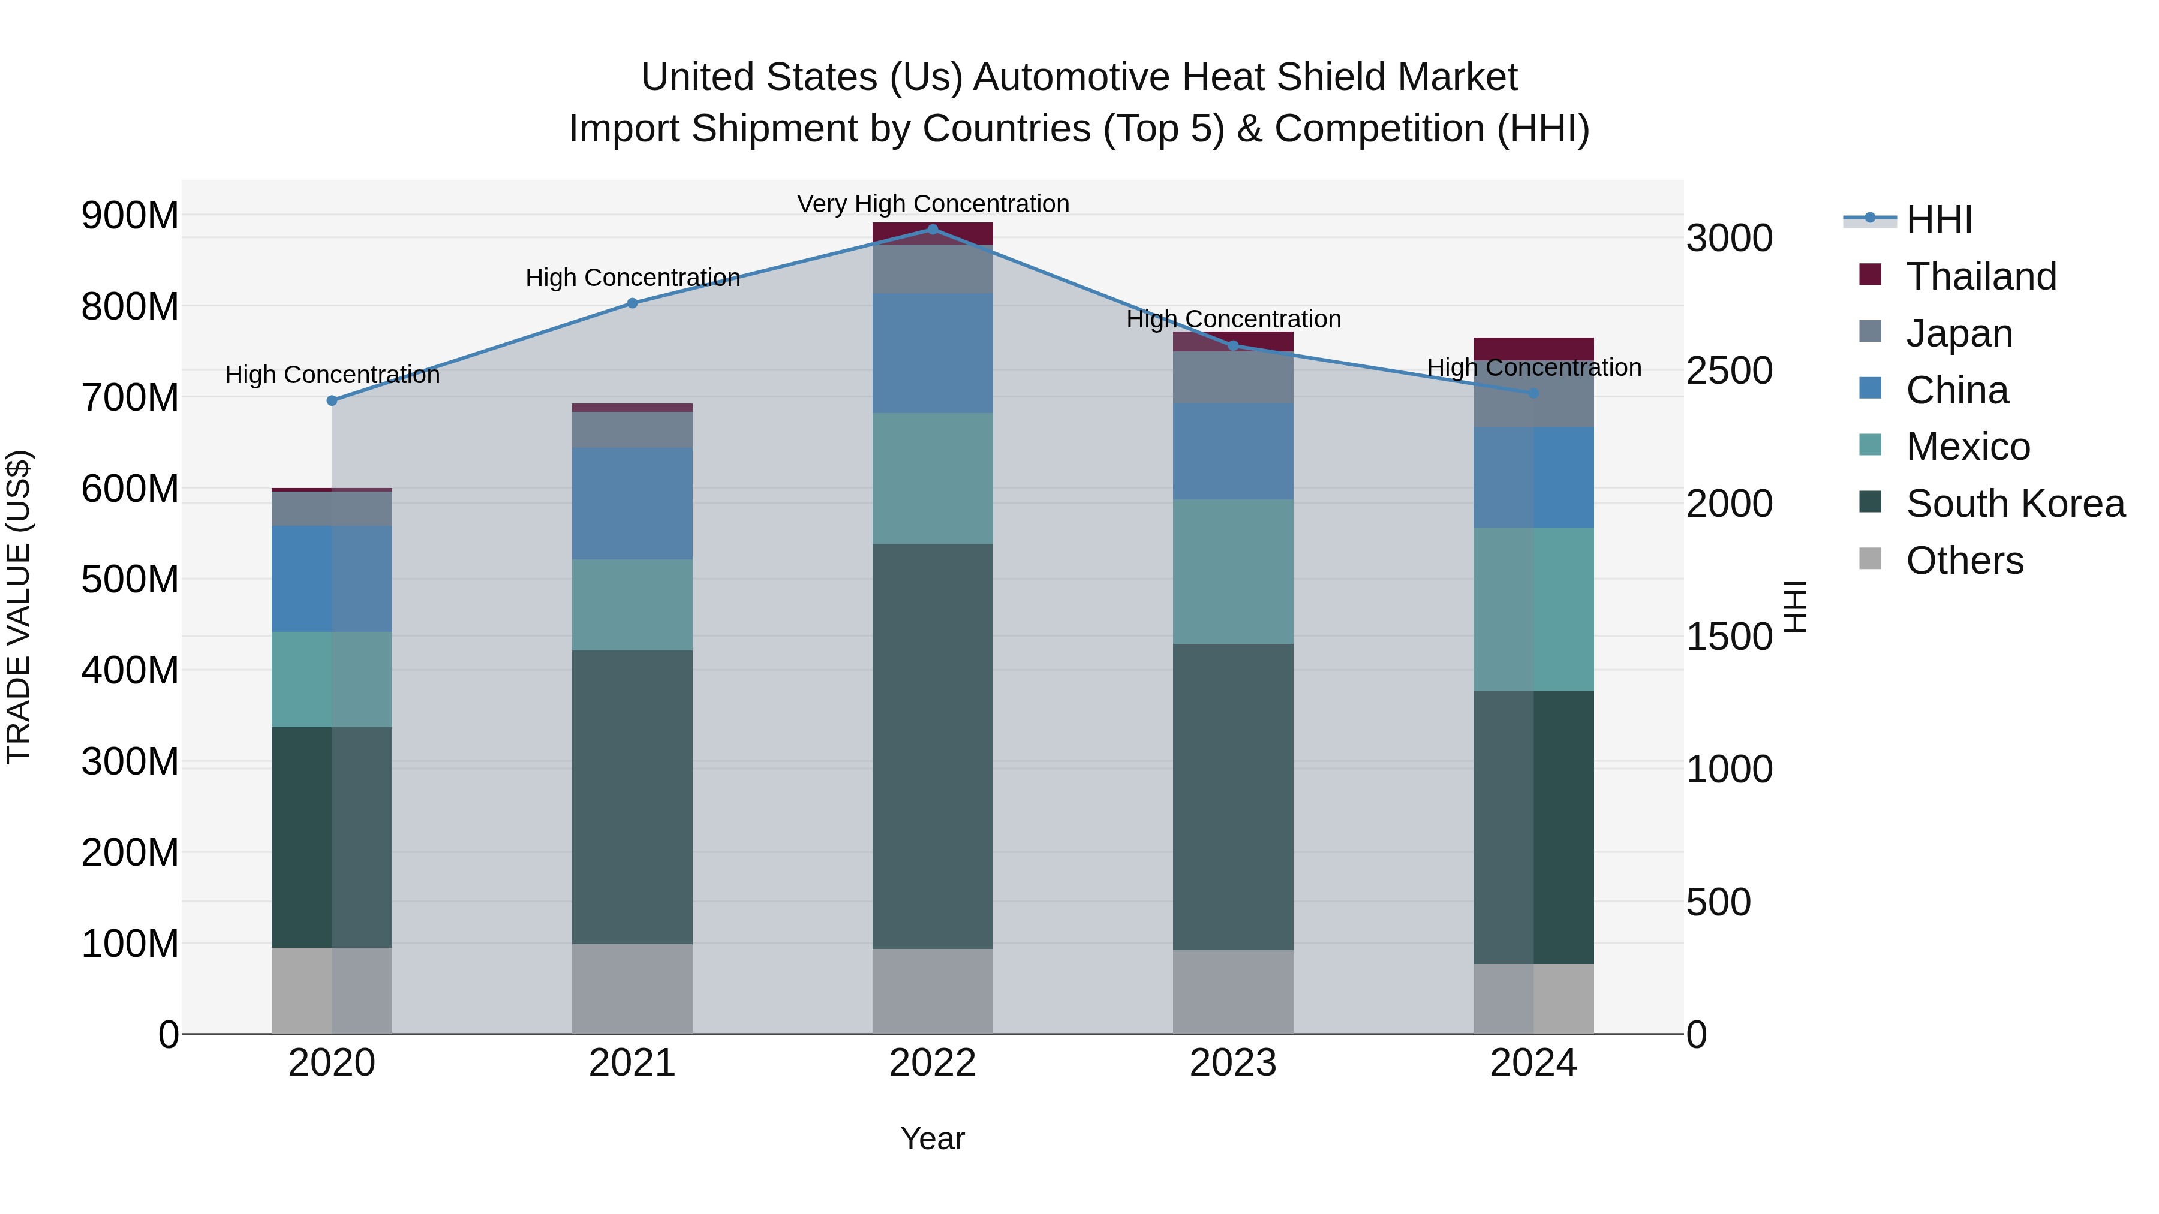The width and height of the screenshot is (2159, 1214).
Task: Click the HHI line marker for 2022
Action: click(x=933, y=229)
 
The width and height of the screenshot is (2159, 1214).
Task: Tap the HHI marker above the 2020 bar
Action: click(x=332, y=400)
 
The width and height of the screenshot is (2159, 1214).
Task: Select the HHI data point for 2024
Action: click(x=1533, y=393)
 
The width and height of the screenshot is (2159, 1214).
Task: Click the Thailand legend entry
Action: click(x=1980, y=276)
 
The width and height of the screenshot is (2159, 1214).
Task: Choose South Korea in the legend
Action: click(x=2015, y=504)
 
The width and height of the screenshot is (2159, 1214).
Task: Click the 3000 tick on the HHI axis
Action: click(x=1729, y=239)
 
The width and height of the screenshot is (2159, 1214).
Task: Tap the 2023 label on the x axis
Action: click(x=1233, y=1063)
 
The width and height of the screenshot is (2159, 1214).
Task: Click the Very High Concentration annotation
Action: click(x=933, y=204)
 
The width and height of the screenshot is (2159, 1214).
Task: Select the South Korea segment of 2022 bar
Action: click(x=933, y=746)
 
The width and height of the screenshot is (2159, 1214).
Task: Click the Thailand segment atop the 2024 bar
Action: click(x=1533, y=348)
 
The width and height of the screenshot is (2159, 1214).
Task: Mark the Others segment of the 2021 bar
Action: click(x=632, y=989)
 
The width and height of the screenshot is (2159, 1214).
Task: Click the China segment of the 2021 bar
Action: click(x=632, y=503)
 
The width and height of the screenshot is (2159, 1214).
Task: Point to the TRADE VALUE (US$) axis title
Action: click(x=19, y=607)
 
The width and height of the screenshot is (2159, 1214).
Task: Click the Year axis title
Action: click(x=932, y=1138)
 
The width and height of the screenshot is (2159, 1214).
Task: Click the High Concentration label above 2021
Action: click(x=633, y=278)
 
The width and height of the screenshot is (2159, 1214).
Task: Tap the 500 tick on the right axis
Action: click(x=1718, y=902)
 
